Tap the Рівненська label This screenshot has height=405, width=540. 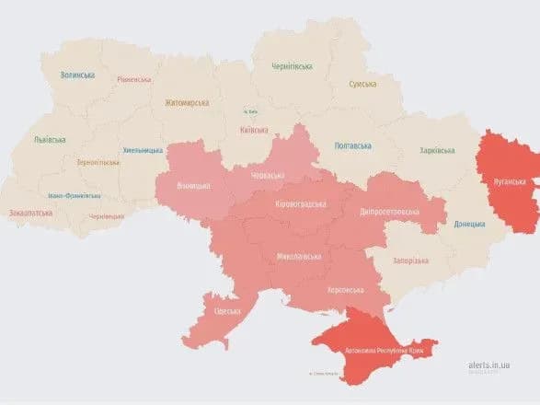(x=134, y=80)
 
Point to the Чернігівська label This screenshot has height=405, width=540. (x=293, y=66)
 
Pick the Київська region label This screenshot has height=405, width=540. (x=253, y=131)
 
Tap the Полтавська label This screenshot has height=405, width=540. (x=353, y=145)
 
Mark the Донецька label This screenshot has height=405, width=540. (x=471, y=224)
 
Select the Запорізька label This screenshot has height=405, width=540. (x=410, y=260)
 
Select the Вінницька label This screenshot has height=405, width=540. (x=192, y=186)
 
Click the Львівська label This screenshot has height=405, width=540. (x=50, y=140)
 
